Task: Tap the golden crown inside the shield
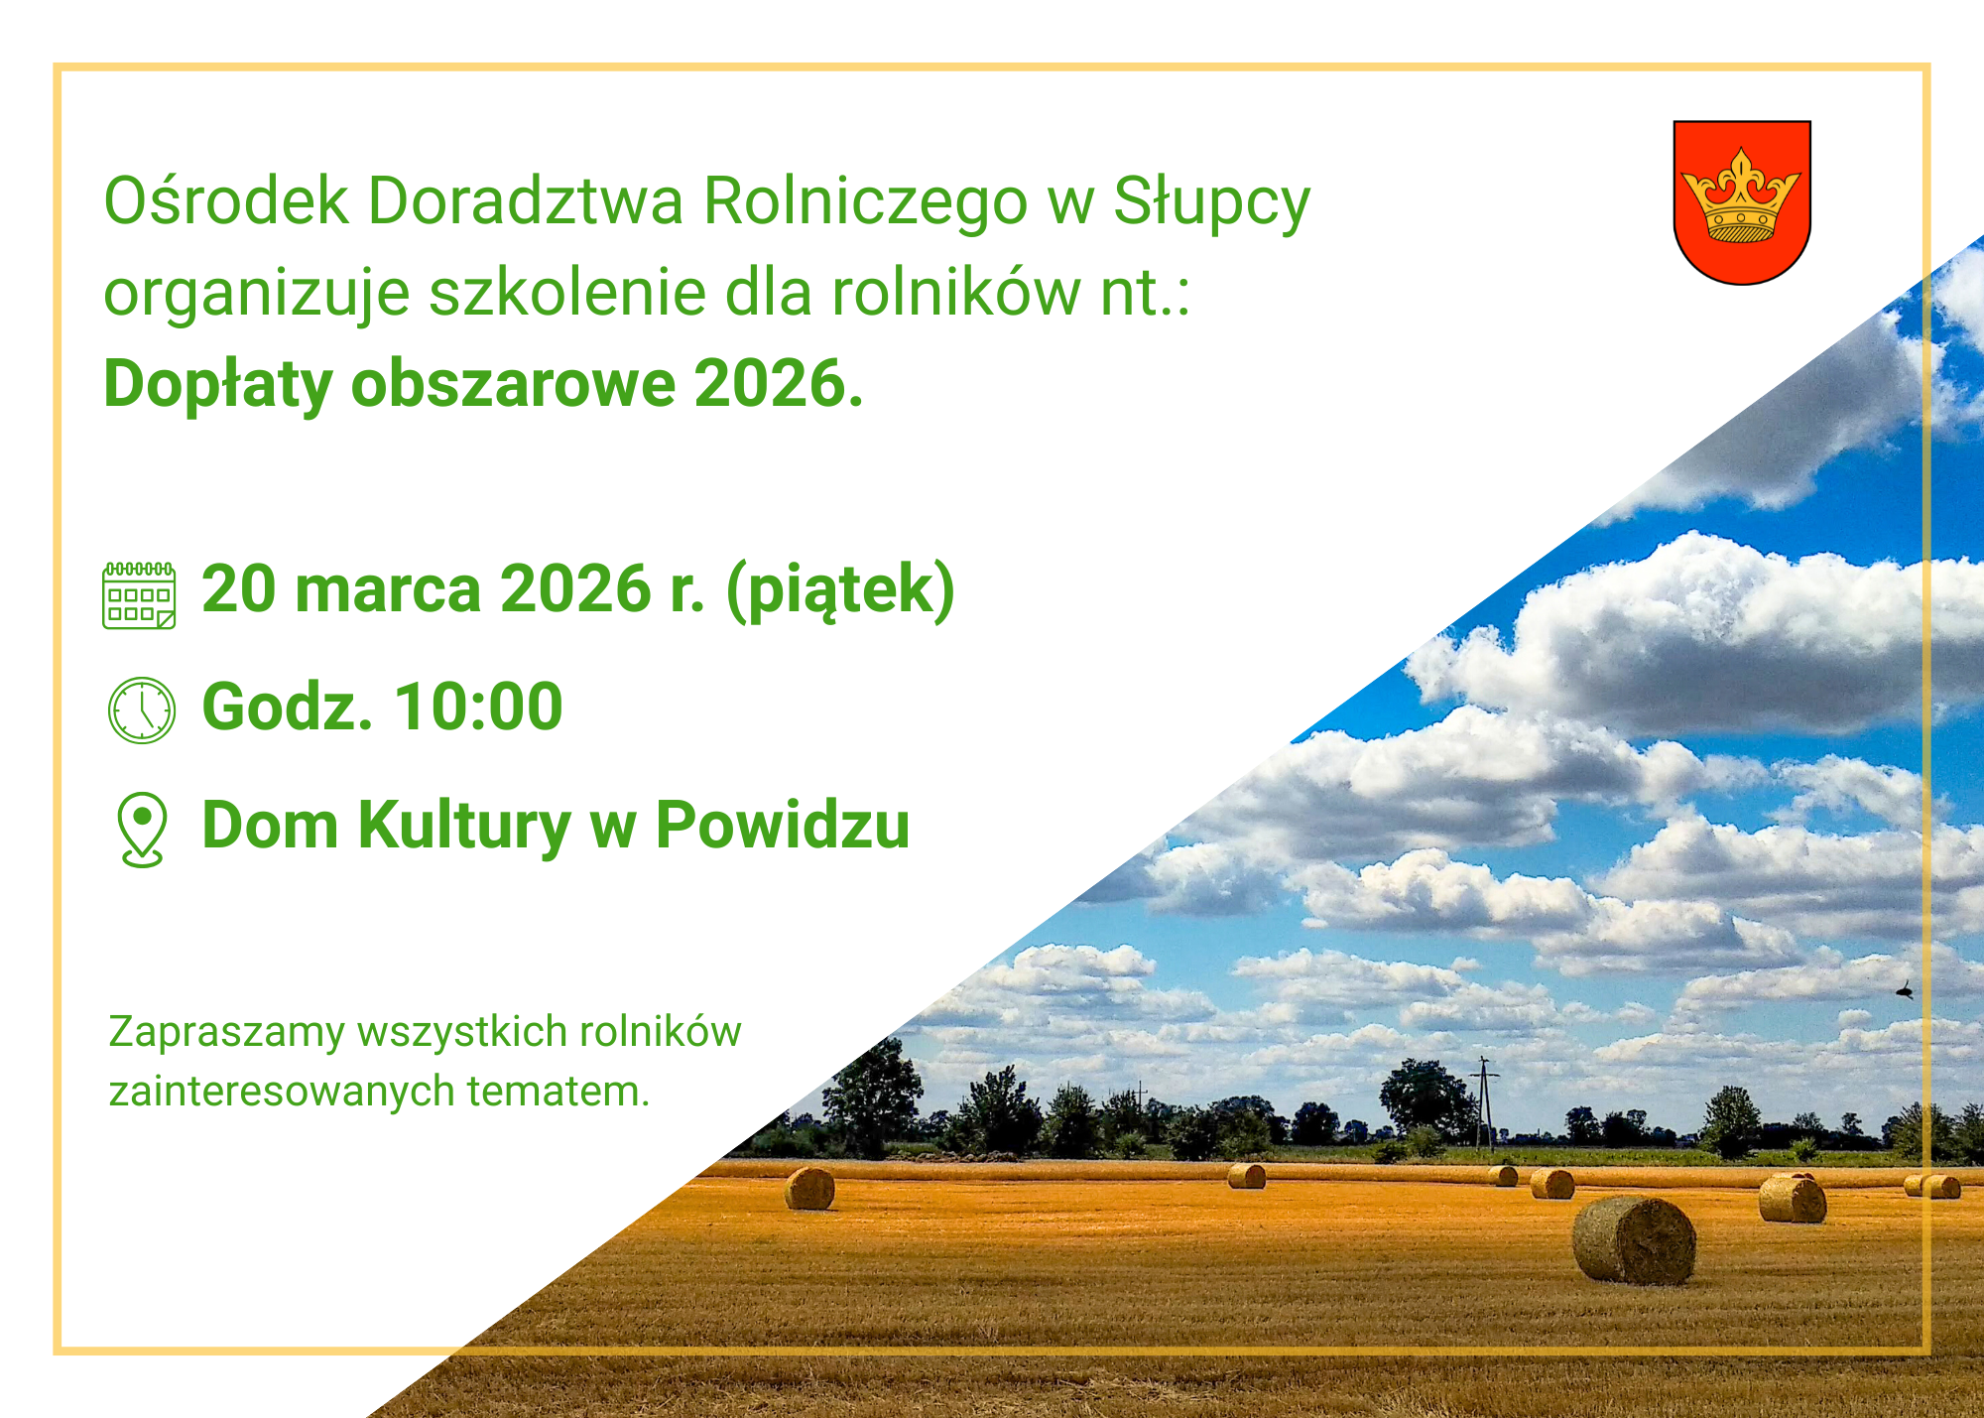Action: click(1742, 197)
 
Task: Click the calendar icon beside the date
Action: click(139, 595)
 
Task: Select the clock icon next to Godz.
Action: click(141, 710)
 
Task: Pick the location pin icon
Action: click(142, 829)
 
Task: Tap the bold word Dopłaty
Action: click(217, 384)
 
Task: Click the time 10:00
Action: click(478, 708)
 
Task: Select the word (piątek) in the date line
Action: click(840, 590)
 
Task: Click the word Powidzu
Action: click(783, 826)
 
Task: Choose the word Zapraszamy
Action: click(226, 1033)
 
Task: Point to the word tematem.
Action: click(558, 1092)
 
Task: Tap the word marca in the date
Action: click(388, 590)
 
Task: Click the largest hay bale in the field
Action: click(1634, 1240)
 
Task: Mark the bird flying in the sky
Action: click(1904, 989)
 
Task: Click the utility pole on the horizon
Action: click(1485, 1101)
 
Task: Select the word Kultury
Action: click(464, 826)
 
